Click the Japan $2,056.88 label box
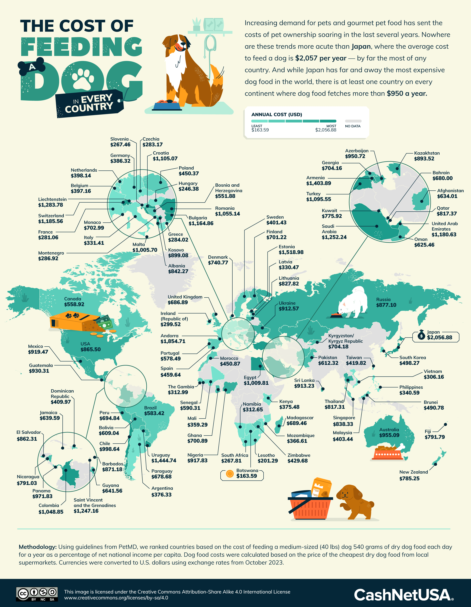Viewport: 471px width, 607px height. pos(436,337)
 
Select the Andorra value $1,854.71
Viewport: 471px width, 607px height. pos(173,341)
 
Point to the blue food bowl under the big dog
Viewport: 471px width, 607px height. pos(167,106)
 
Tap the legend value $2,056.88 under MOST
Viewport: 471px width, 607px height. pos(326,130)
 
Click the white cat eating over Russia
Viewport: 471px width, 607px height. pos(352,304)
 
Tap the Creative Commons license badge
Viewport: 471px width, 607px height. pos(37,594)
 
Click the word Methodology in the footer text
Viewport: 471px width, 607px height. pos(37,547)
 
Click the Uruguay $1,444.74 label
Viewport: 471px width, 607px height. pos(163,458)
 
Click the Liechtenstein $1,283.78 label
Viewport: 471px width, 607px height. pos(52,202)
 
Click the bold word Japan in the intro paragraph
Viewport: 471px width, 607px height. pos(361,46)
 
